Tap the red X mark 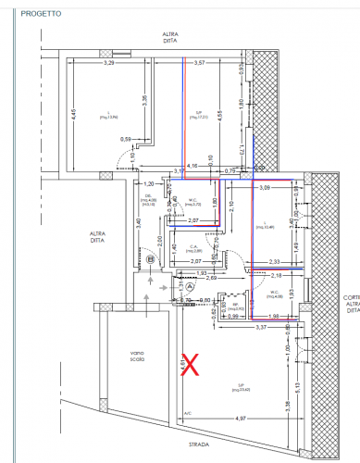point(192,364)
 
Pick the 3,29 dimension point(109,63)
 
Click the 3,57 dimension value point(198,63)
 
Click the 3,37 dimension point(261,327)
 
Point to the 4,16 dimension point(192,166)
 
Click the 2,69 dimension point(211,278)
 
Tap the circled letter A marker point(191,288)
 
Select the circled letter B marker point(150,259)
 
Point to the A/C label point(187,413)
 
